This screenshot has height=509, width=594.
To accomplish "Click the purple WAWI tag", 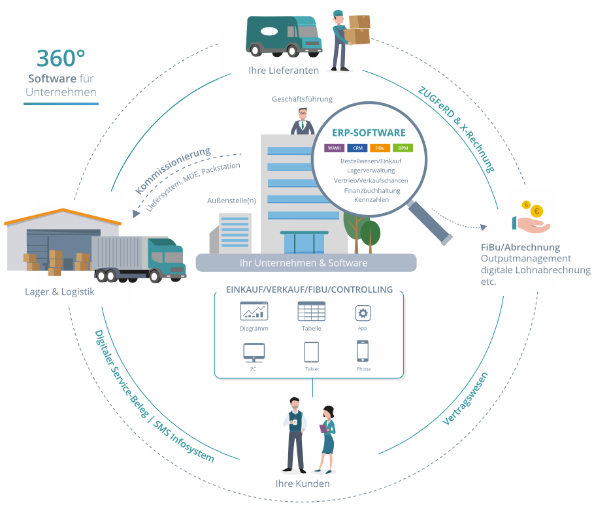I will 334,148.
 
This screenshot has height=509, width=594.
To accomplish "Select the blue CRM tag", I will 357,148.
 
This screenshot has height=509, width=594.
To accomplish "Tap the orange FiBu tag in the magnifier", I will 380,148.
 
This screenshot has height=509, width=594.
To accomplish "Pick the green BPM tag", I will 403,148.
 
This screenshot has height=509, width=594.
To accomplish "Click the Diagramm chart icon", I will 254,311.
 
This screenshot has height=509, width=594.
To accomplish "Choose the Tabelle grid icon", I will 311,311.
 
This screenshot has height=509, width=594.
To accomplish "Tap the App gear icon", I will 363,312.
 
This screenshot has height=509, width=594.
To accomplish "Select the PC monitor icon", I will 254,352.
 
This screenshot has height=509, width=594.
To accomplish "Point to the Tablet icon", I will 312,352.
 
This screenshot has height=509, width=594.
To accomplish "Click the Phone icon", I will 363,352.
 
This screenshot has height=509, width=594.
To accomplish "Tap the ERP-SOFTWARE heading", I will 369,133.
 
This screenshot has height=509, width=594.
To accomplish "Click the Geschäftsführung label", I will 302,99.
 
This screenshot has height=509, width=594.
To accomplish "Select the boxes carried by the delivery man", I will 358,29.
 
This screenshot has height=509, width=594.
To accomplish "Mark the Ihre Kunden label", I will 302,484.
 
